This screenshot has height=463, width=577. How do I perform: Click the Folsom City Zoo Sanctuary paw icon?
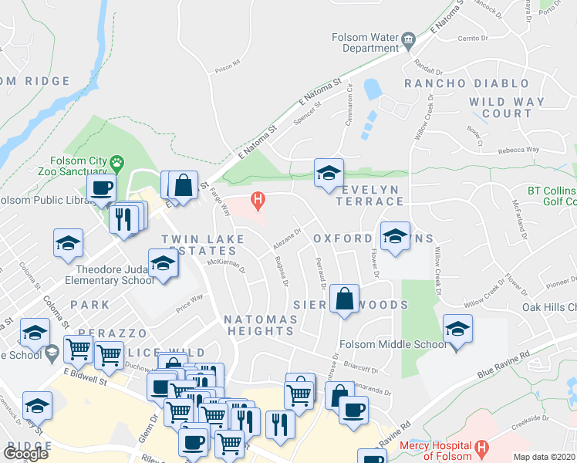[116, 163]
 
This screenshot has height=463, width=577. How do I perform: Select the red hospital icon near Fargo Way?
[258, 202]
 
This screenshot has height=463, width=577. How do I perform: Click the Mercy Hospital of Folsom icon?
[482, 448]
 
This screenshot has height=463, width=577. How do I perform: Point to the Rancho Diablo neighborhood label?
[467, 83]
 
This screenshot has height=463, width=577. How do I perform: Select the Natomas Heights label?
[259, 325]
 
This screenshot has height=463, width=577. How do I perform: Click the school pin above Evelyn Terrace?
[328, 173]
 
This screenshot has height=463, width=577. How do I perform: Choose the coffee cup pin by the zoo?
[101, 188]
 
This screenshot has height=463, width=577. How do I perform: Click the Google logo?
[25, 454]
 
